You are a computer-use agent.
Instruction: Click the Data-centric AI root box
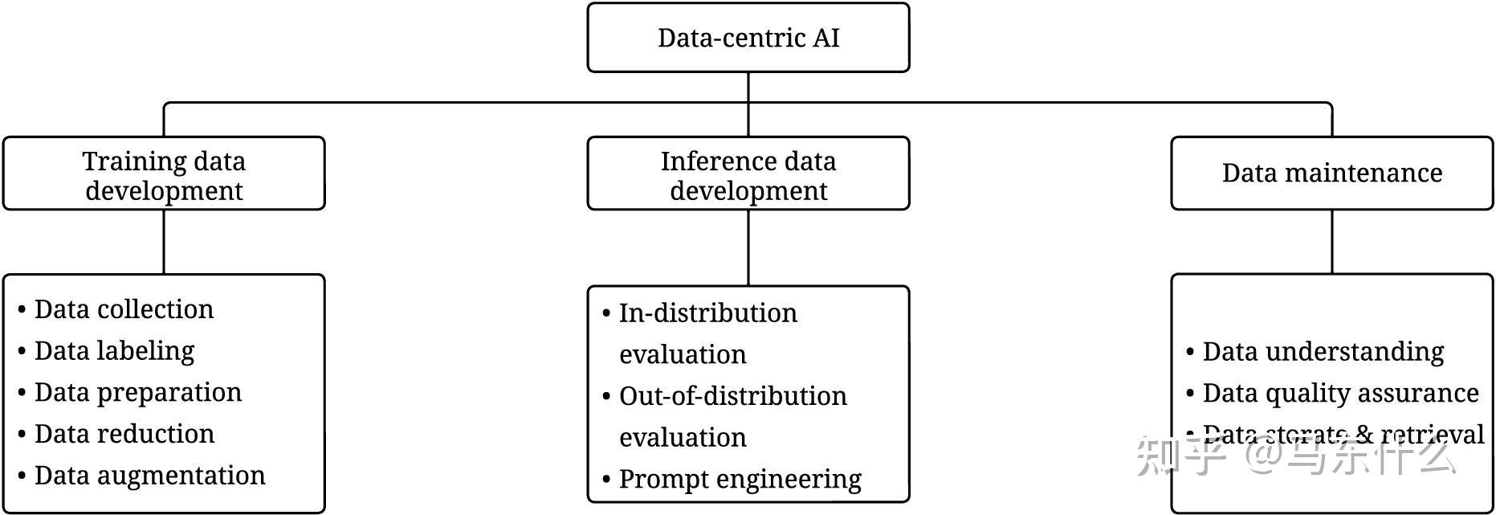tap(748, 38)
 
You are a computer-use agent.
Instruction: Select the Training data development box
tap(164, 174)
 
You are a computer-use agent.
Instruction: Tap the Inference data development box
tap(748, 174)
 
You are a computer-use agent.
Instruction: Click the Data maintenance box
tap(1331, 174)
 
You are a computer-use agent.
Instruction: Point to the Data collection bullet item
tap(124, 309)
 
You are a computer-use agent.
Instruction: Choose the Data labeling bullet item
tap(114, 351)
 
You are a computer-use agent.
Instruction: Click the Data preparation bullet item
tap(137, 392)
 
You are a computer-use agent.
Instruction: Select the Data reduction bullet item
tap(124, 434)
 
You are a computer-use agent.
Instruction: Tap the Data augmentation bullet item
tap(149, 476)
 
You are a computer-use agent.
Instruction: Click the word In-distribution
tap(707, 313)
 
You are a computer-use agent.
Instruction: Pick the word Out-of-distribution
tap(732, 396)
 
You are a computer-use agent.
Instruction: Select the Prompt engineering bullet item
tap(740, 479)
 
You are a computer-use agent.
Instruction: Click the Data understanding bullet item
tap(1323, 352)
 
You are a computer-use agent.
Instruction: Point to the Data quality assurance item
tap(1339, 394)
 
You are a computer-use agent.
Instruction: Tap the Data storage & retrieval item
tap(1343, 434)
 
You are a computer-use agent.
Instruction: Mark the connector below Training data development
tap(164, 242)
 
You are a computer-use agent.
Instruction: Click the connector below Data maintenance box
tap(1331, 242)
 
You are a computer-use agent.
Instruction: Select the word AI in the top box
tap(825, 38)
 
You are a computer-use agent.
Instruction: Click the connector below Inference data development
tap(748, 247)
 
